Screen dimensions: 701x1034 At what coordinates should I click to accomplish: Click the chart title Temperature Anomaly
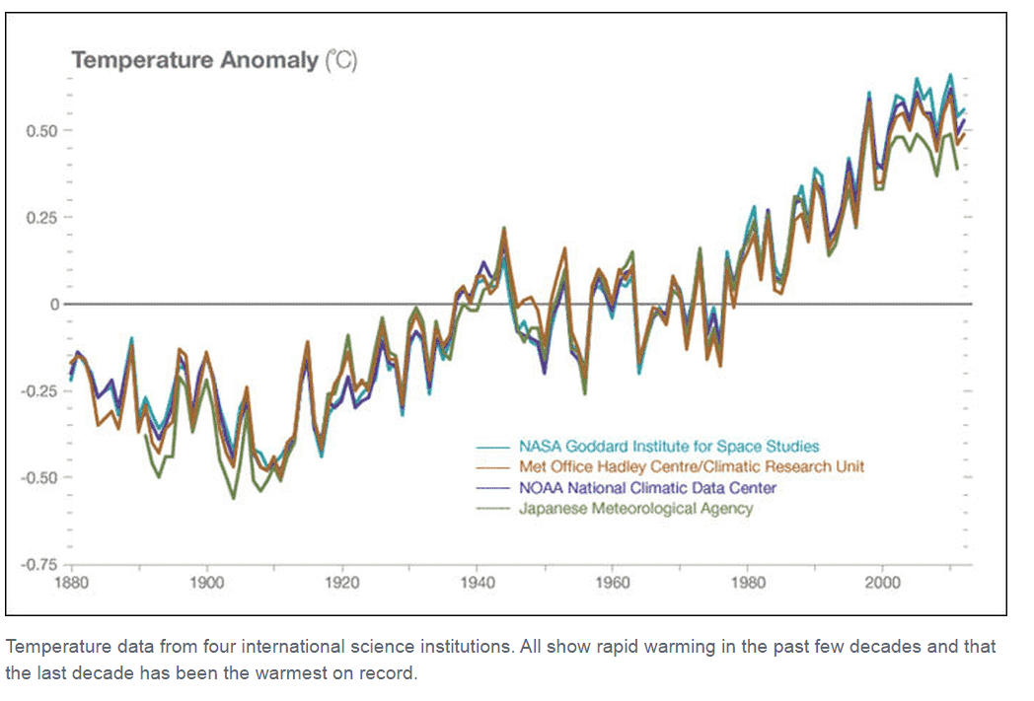pyautogui.click(x=195, y=60)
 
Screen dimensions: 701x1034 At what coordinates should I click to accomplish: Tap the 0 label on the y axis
pyautogui.click(x=55, y=304)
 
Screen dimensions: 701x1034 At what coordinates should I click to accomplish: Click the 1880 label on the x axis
pyautogui.click(x=71, y=582)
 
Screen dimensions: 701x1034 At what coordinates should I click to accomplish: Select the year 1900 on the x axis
pyautogui.click(x=206, y=582)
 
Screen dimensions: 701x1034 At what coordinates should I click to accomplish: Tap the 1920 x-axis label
pyautogui.click(x=341, y=582)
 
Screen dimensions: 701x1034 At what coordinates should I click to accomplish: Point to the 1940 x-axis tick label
pyautogui.click(x=477, y=582)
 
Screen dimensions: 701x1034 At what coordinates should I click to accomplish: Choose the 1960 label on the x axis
pyautogui.click(x=612, y=582)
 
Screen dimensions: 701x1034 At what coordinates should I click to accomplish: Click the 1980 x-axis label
pyautogui.click(x=747, y=582)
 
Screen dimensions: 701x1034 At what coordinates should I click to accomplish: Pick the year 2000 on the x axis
pyautogui.click(x=882, y=582)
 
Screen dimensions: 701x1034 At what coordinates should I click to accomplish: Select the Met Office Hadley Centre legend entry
pyautogui.click(x=692, y=466)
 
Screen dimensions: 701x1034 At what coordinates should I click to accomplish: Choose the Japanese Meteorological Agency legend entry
pyautogui.click(x=635, y=509)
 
